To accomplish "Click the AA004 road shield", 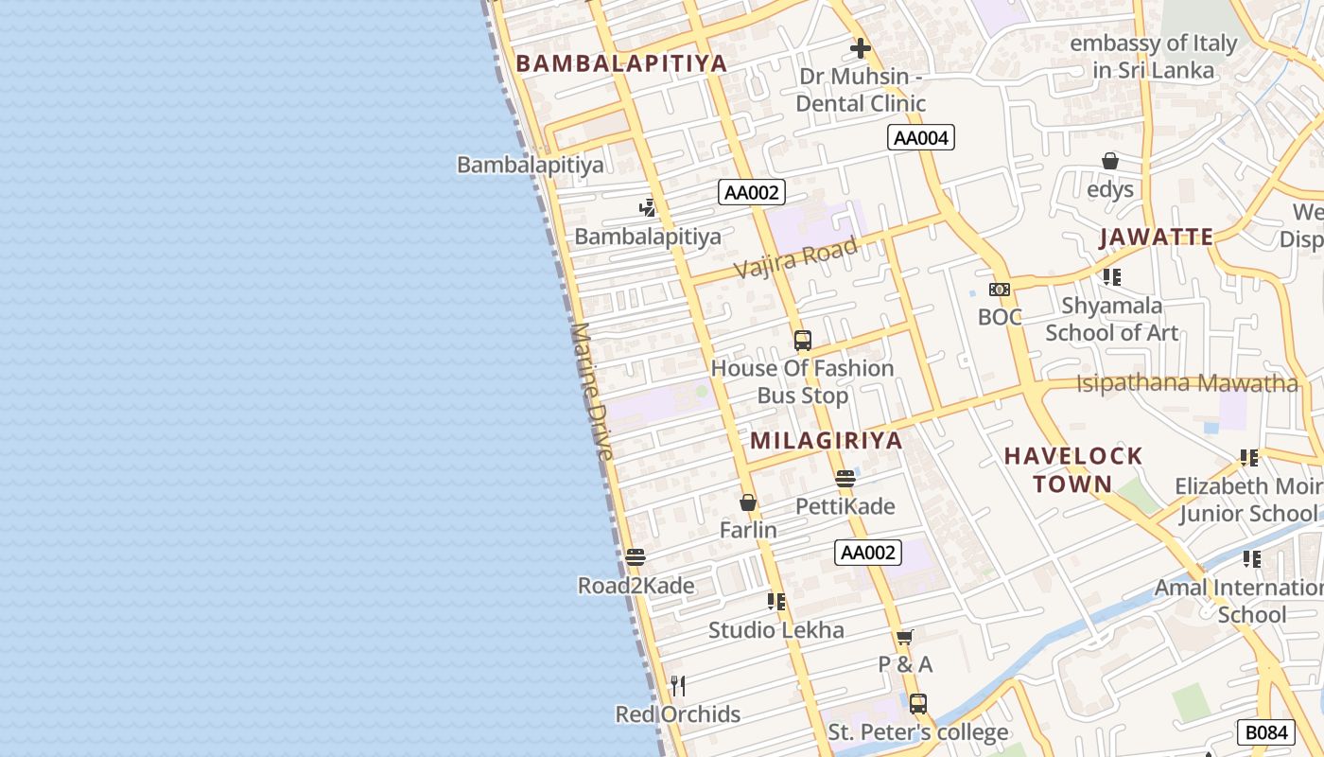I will tap(921, 138).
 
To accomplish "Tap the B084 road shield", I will tap(1265, 732).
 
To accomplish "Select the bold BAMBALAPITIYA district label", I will tap(621, 63).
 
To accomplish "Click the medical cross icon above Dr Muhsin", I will tap(860, 48).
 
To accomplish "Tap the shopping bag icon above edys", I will tap(1110, 162).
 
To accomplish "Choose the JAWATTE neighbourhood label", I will tap(1156, 237).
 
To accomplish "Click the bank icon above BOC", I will tap(1000, 290).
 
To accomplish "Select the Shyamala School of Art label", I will tap(1111, 319).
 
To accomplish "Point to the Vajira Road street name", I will tap(795, 258).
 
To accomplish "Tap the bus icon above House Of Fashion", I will tap(803, 341).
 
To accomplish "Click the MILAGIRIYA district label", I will tap(827, 440).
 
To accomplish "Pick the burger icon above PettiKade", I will tap(845, 479).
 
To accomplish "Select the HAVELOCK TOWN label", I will tap(1073, 469).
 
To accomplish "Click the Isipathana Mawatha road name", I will tap(1187, 383).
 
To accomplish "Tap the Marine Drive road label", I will tap(592, 392).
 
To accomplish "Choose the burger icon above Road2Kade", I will tap(636, 557).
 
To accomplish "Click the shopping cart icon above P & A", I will tap(905, 637).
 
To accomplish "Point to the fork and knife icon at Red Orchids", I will tap(677, 685).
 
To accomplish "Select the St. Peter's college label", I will tap(917, 732).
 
